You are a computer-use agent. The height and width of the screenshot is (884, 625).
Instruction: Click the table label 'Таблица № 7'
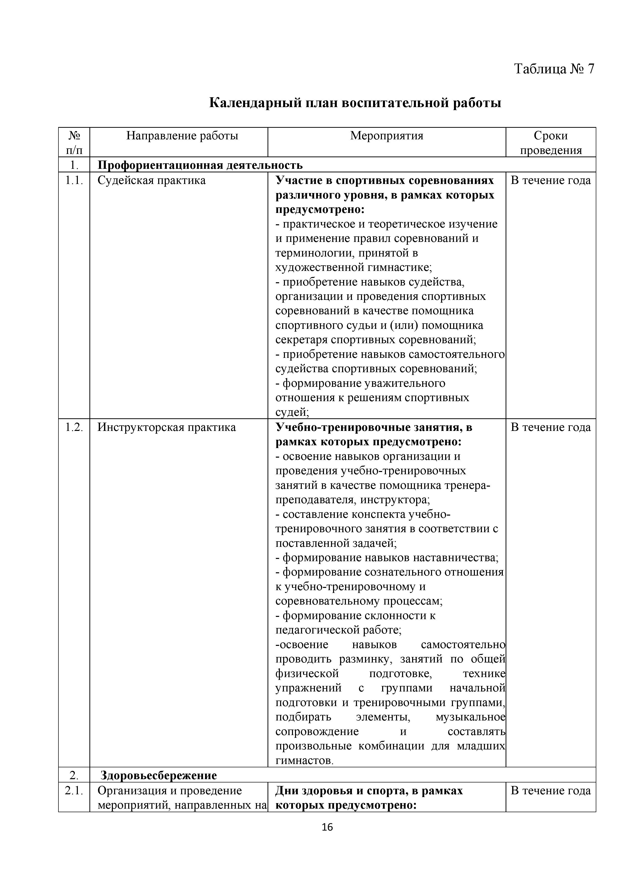point(554,69)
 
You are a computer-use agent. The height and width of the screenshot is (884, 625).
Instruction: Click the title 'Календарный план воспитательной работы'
point(355,103)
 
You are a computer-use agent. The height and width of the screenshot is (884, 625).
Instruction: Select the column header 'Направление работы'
point(182,136)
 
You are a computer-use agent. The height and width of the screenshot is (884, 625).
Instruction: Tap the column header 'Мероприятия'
point(386,136)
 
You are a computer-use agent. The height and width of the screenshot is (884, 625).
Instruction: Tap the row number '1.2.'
point(74,427)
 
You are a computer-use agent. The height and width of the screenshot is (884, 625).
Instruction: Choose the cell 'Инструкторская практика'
point(167,427)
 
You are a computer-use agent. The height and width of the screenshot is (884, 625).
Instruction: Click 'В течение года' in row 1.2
point(550,427)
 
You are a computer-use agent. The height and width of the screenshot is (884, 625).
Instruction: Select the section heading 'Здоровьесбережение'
point(158,775)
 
